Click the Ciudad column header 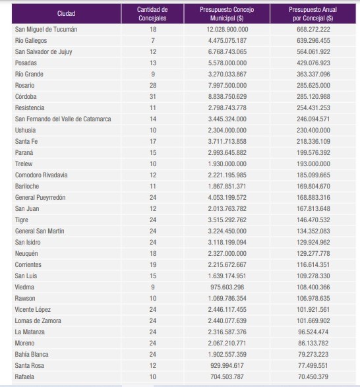coord(66,14)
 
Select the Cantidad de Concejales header coord(152,14)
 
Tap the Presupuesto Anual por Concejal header coord(313,14)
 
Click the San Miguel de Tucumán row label coord(46,30)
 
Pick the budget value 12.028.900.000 coord(227,30)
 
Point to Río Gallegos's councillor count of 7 coord(153,40)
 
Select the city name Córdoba coord(26,96)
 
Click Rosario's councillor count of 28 coord(153,86)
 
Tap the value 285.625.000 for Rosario coord(313,86)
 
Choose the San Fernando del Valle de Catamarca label coord(63,119)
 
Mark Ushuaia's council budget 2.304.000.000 coord(227,131)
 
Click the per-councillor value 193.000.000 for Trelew coord(313,164)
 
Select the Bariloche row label coord(27,187)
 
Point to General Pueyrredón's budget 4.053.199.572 coord(227,197)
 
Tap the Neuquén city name coord(26,253)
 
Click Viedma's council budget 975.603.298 coord(227,287)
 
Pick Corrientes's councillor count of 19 coord(153,264)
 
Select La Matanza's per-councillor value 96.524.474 coord(313,332)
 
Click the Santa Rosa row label coord(30,365)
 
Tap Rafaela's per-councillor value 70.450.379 coord(313,377)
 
